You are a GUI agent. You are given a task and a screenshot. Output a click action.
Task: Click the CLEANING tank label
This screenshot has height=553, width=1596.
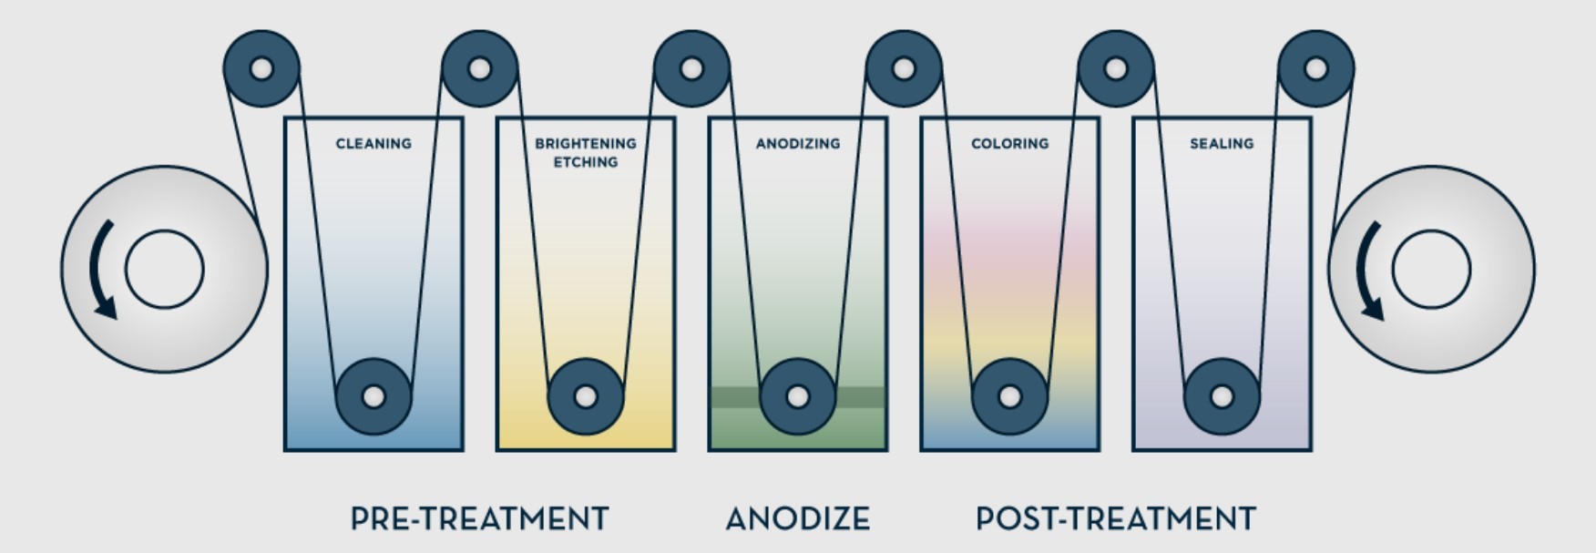tap(373, 144)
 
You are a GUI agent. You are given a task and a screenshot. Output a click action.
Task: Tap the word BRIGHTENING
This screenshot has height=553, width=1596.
tap(585, 144)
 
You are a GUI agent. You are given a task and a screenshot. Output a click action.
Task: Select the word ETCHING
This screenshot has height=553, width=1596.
tap(586, 162)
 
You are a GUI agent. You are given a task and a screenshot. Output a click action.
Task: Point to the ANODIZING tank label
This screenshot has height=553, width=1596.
tap(798, 144)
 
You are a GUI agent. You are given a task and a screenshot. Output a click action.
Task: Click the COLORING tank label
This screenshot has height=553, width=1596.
tap(1009, 144)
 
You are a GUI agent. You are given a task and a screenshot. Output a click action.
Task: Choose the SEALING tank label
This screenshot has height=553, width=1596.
tap(1222, 144)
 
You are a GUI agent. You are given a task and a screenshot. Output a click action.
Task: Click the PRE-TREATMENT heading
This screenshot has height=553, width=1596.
tap(479, 519)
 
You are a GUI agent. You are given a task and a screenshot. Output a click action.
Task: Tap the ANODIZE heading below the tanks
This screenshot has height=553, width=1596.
tap(797, 519)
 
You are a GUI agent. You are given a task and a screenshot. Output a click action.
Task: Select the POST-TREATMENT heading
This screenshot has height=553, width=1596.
tap(1115, 519)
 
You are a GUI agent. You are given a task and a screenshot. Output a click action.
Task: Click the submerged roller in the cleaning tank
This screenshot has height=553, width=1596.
tap(373, 397)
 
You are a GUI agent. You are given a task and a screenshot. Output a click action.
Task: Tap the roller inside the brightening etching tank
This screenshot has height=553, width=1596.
tap(586, 397)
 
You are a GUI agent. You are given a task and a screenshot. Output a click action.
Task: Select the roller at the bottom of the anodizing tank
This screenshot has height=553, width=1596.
tap(797, 397)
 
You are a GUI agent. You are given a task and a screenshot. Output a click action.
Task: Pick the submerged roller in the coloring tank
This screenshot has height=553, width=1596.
tap(1009, 397)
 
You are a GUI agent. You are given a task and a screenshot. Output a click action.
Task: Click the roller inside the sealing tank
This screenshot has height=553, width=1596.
tap(1222, 397)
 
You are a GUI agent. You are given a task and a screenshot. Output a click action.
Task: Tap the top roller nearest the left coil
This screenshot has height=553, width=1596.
tap(261, 68)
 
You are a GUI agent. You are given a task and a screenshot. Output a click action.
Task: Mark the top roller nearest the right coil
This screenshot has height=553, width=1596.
tap(1315, 68)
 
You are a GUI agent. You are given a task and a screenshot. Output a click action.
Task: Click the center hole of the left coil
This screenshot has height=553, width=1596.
tap(164, 270)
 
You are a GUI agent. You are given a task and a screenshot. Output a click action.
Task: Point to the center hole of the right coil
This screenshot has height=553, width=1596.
tap(1431, 270)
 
